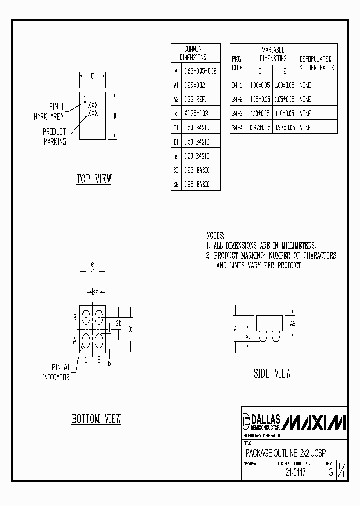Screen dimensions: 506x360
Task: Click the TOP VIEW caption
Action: point(94,179)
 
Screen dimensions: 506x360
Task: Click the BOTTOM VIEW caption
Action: point(96,419)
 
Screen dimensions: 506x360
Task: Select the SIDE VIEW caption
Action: point(272,373)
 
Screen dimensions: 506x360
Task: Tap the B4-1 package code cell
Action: point(237,85)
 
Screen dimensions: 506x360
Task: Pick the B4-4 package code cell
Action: point(237,128)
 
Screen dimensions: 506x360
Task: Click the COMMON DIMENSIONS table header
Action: point(195,53)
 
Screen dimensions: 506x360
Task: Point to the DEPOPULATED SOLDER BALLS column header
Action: point(317,63)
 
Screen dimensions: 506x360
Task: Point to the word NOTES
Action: point(215,235)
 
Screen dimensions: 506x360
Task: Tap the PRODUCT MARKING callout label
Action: point(55,136)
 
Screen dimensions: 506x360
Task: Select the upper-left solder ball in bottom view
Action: point(86,316)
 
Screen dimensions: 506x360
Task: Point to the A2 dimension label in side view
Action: point(292,323)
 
